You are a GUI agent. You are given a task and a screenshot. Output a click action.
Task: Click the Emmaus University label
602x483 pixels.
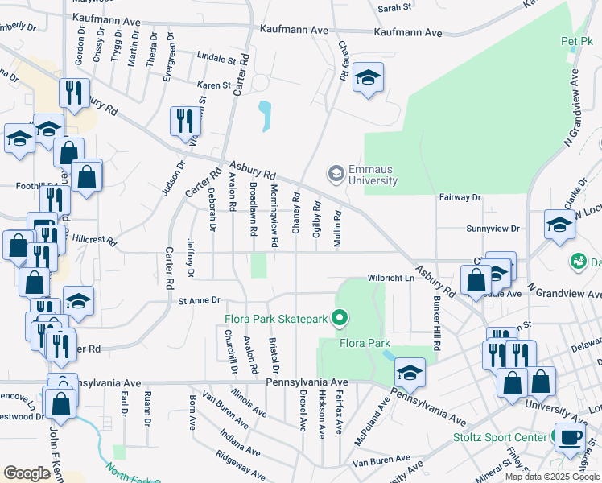click(x=373, y=175)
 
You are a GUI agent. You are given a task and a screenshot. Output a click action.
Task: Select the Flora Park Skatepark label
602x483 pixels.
click(x=276, y=319)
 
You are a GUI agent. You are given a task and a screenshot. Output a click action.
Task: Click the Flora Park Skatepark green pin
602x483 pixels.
click(x=340, y=319)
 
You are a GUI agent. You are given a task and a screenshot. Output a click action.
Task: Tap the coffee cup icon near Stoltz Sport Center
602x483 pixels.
click(x=570, y=437)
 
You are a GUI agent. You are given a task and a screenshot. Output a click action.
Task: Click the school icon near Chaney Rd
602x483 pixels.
click(x=368, y=78)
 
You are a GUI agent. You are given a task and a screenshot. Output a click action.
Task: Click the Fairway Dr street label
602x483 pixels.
click(x=460, y=196)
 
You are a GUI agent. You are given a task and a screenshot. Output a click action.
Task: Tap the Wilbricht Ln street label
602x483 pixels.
click(x=390, y=278)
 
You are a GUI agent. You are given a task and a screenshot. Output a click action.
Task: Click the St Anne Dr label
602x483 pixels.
click(x=199, y=300)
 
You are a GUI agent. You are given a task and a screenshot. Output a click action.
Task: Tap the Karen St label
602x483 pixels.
click(x=214, y=84)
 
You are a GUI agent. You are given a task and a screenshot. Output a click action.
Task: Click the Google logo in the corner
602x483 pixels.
click(x=27, y=473)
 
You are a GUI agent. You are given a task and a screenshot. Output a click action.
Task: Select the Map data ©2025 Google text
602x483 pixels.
click(x=551, y=477)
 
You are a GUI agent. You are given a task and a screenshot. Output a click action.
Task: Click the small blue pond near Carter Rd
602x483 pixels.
click(x=264, y=117)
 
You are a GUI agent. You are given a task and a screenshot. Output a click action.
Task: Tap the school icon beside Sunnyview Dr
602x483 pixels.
click(x=559, y=225)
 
